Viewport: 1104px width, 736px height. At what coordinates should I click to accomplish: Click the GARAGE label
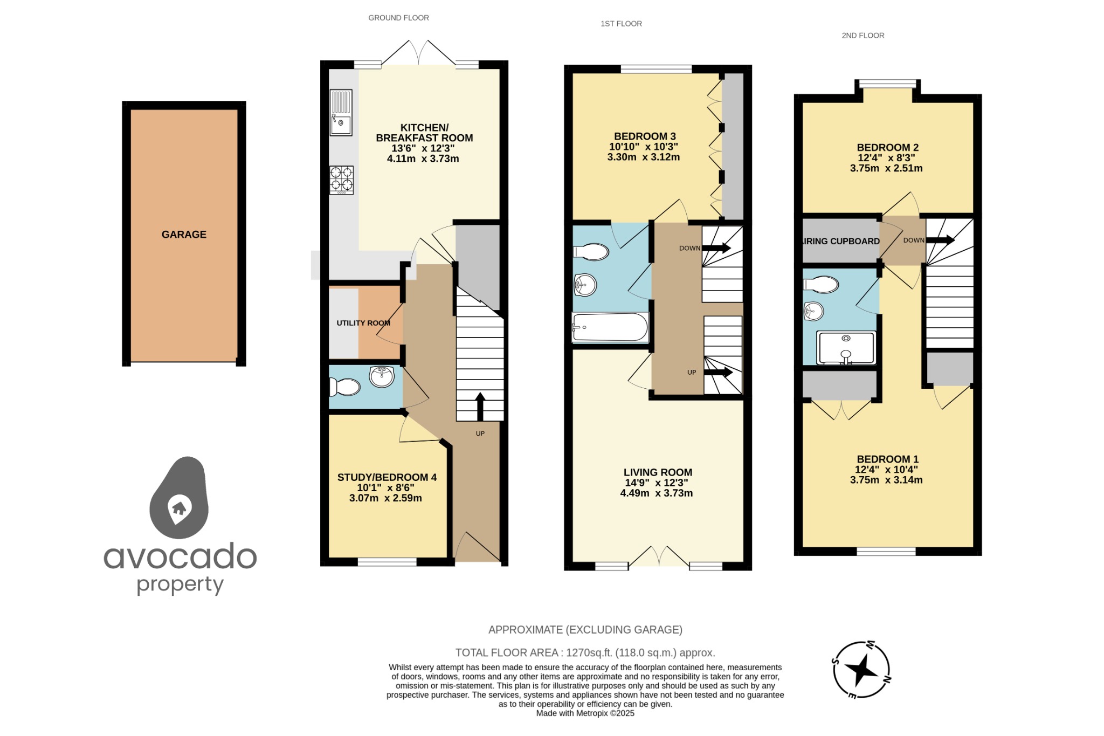[x=184, y=235]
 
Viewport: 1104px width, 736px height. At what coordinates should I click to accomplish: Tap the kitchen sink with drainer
[x=341, y=112]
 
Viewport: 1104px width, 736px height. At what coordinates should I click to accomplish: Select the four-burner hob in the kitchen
[x=341, y=180]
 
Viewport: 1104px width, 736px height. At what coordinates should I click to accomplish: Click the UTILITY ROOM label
[x=363, y=323]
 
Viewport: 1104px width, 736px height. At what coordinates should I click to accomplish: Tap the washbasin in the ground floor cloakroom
[x=382, y=376]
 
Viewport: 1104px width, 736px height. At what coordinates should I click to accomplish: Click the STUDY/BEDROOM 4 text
[x=387, y=477]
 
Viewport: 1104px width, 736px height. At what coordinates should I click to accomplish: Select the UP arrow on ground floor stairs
[x=479, y=407]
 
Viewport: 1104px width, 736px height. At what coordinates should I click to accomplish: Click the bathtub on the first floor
[x=610, y=327]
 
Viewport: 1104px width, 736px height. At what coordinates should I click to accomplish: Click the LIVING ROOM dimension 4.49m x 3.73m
[x=656, y=493]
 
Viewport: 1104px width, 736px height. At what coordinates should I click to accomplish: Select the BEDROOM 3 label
[x=644, y=136]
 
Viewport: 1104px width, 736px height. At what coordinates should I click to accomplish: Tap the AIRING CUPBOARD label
[x=841, y=241]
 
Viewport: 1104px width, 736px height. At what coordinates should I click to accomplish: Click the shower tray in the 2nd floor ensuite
[x=845, y=347]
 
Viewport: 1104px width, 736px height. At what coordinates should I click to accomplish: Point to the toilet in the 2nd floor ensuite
[x=821, y=285]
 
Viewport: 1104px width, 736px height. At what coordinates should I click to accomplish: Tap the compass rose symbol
[x=860, y=670]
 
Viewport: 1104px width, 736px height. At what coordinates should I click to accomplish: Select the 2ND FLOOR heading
[x=862, y=36]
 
